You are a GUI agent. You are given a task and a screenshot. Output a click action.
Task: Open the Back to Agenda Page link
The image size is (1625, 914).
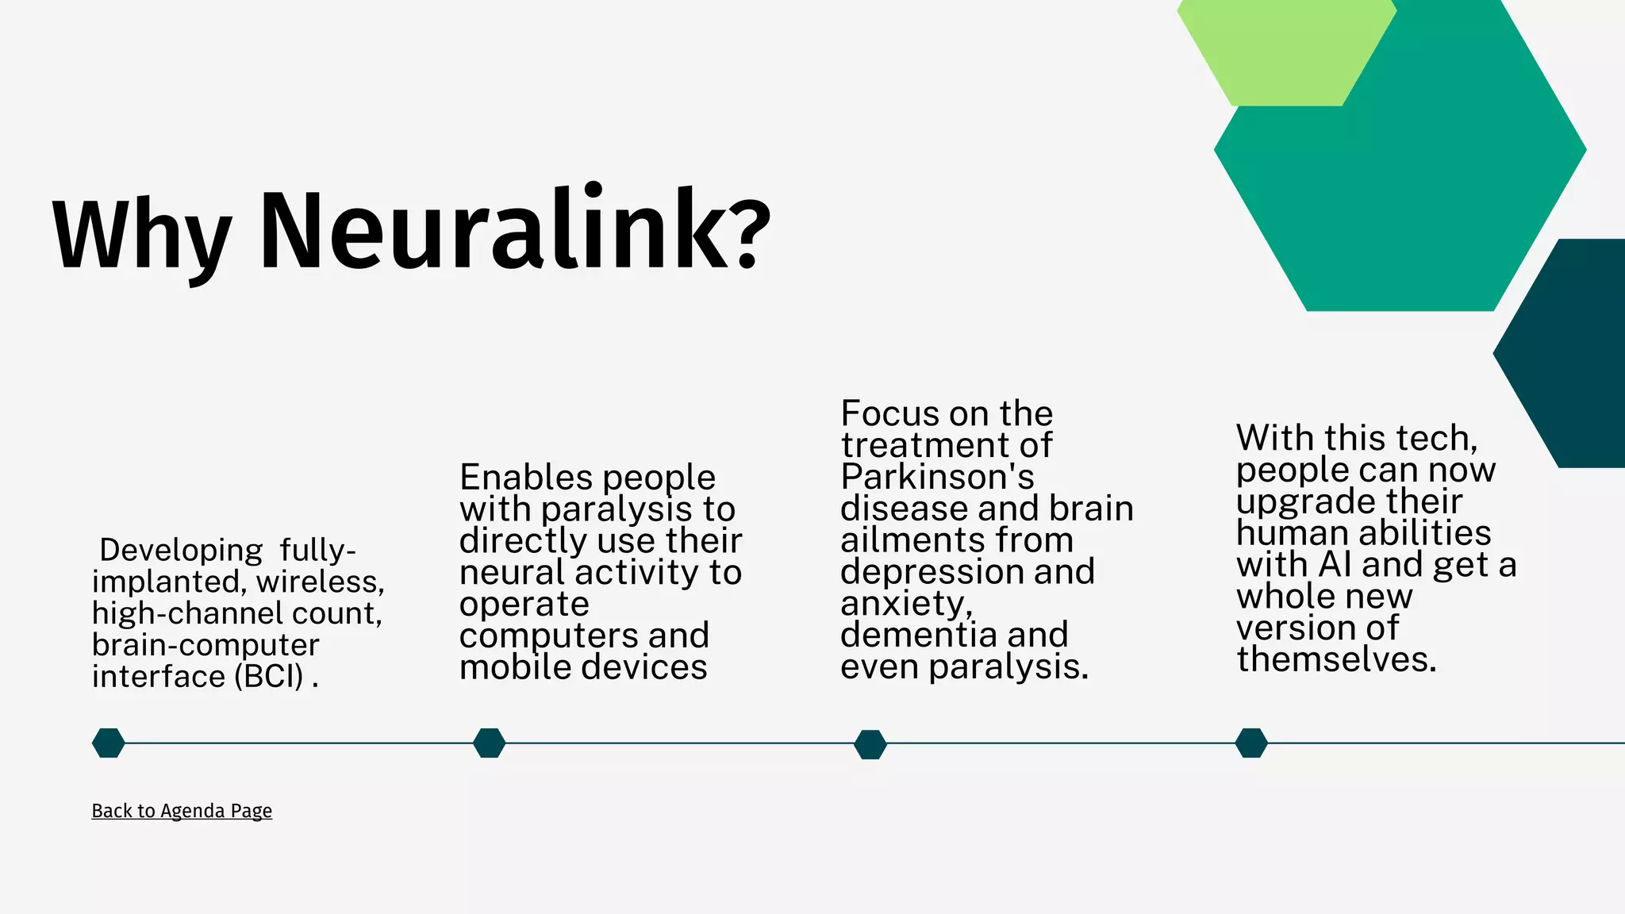click(182, 811)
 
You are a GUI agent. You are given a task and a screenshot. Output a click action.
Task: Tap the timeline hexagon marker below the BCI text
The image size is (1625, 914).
click(109, 743)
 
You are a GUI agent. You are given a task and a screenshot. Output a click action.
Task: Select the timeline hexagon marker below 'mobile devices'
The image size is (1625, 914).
click(490, 743)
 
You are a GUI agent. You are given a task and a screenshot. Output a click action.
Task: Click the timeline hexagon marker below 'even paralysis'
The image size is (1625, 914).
click(870, 744)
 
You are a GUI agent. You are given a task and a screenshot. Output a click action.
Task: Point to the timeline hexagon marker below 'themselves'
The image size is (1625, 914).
click(1251, 743)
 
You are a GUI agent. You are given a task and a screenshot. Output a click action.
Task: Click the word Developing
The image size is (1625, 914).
click(181, 550)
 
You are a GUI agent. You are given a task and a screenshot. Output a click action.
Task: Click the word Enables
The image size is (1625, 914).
click(514, 478)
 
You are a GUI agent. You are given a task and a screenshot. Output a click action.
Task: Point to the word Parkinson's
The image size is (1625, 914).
click(937, 477)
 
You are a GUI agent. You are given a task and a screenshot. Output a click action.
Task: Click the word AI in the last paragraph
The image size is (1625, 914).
click(1335, 565)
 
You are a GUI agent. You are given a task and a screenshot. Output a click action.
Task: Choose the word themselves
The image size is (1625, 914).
click(1336, 659)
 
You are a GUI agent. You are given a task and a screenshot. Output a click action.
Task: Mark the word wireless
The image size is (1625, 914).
click(320, 582)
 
